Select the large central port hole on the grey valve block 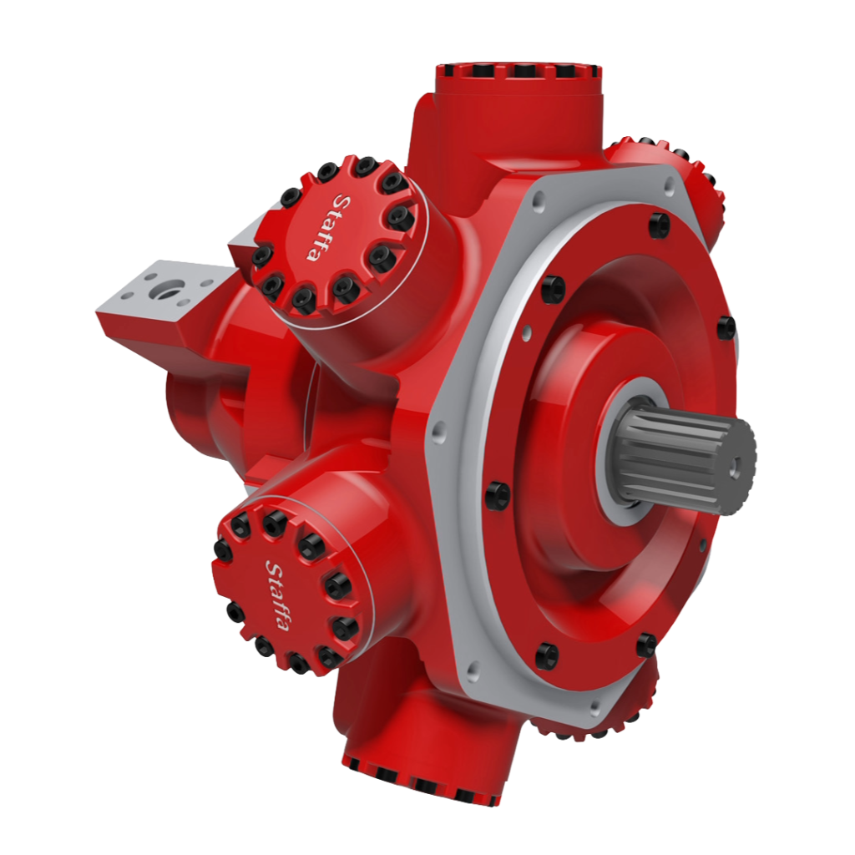click(x=169, y=288)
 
